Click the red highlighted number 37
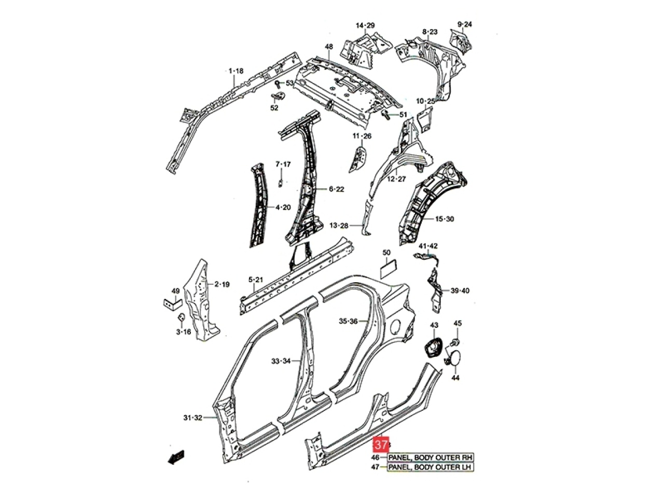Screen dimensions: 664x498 click(x=381, y=445)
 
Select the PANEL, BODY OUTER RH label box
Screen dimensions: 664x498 click(x=431, y=458)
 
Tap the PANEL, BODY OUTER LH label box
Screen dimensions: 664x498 click(x=431, y=467)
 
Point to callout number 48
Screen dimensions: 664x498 click(x=329, y=47)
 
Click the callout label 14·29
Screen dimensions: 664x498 click(x=365, y=25)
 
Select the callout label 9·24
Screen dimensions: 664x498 click(x=464, y=24)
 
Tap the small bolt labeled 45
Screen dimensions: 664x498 click(x=454, y=342)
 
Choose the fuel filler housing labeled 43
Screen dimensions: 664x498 click(x=433, y=348)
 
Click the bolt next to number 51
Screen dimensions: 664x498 click(x=386, y=115)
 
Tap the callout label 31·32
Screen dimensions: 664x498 click(x=192, y=418)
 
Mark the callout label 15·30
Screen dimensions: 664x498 click(x=445, y=218)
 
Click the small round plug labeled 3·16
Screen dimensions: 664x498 click(x=182, y=317)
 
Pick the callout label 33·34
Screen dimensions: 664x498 click(x=281, y=361)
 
